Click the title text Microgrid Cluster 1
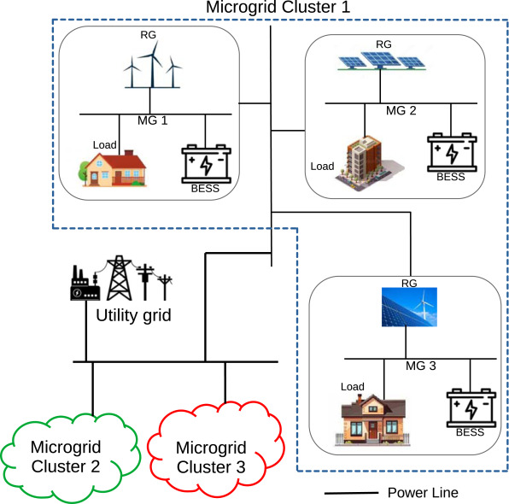[278, 7]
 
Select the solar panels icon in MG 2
[382, 61]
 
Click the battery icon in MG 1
[206, 164]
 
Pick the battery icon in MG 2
[452, 152]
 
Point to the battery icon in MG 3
[471, 407]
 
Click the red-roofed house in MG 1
[113, 168]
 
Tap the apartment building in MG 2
[370, 163]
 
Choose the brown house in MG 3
[372, 419]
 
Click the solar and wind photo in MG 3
[409, 307]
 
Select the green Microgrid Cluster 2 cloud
[70, 458]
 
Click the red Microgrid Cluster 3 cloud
[216, 449]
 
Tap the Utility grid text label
[133, 316]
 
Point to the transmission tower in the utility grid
[120, 278]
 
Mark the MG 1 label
[153, 120]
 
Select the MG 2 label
[401, 111]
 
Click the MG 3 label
[421, 366]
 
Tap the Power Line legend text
[423, 493]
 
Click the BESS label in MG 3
[470, 432]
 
